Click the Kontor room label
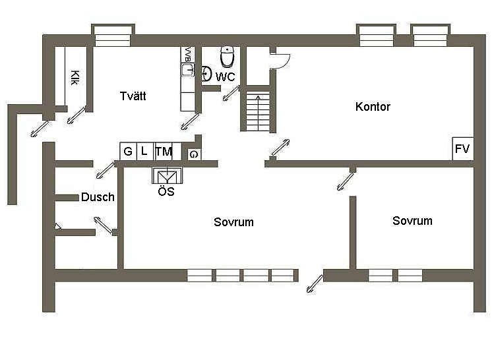point(373,107)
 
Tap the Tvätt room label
point(133,96)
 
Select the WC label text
point(226,77)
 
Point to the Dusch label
point(98,197)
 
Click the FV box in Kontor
point(462,149)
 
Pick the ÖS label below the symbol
point(166,193)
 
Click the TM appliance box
point(163,152)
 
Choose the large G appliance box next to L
point(127,152)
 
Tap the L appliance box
point(144,152)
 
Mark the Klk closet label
point(75,77)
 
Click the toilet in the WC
point(228,57)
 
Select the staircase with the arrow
point(258,113)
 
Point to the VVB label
point(187,54)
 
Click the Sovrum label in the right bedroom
point(412,221)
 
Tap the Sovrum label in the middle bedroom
point(233,222)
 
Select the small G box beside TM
point(194,154)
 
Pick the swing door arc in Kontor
point(281,60)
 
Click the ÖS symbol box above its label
point(166,176)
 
